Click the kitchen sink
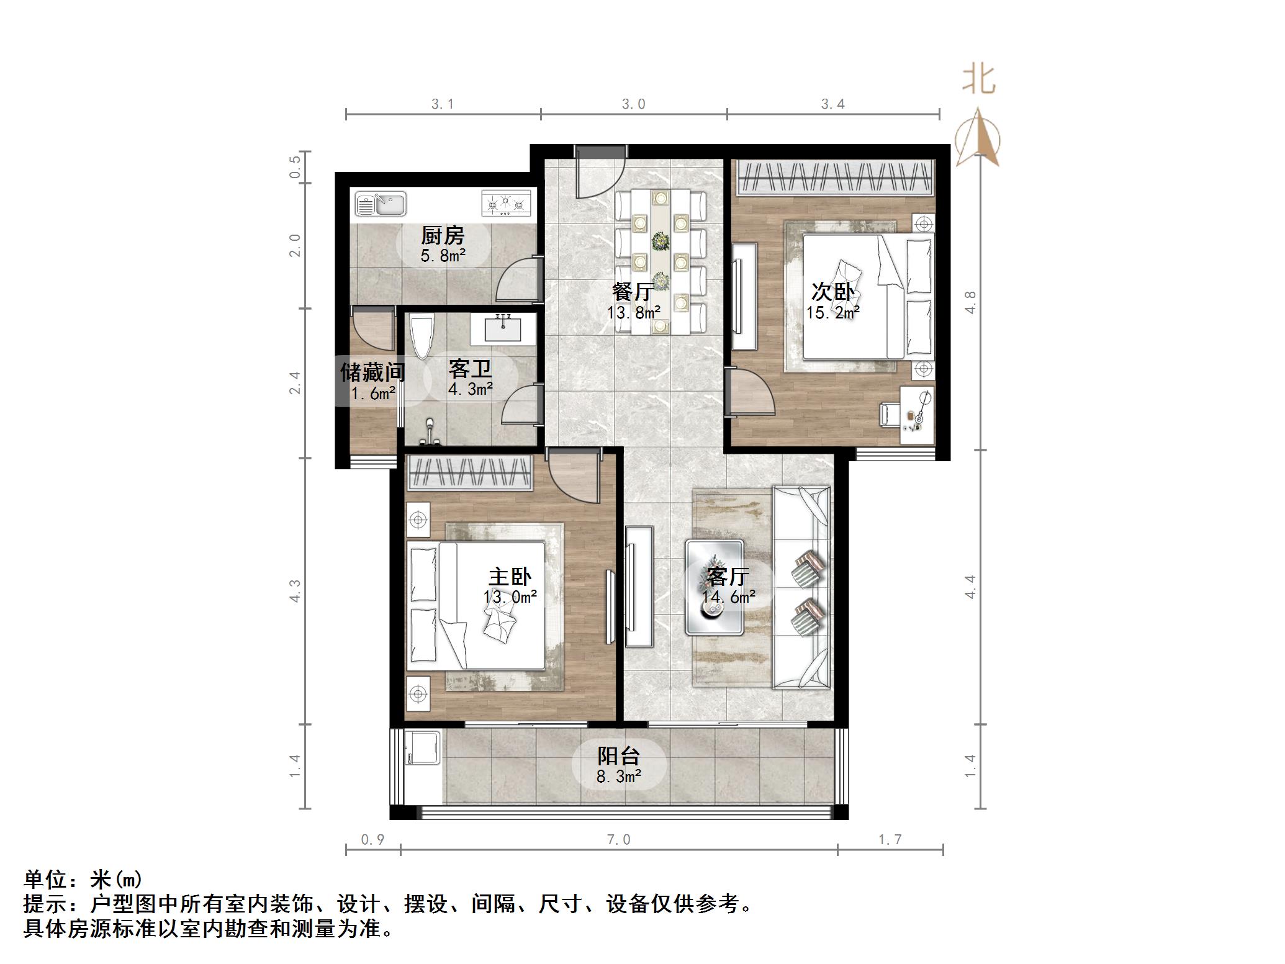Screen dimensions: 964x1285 click(x=380, y=204)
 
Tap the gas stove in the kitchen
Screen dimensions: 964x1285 click(x=507, y=204)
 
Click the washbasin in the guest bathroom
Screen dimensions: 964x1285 click(x=503, y=328)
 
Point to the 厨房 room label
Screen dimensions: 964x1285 click(x=443, y=236)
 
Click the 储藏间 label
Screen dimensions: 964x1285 click(x=372, y=372)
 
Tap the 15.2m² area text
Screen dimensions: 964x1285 click(x=833, y=313)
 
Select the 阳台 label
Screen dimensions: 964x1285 click(x=618, y=756)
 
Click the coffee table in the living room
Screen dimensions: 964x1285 click(x=714, y=587)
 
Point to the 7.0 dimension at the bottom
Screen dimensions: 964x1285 click(x=618, y=840)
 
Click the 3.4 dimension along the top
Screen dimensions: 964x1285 click(x=833, y=104)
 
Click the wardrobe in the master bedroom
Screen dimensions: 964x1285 click(x=470, y=473)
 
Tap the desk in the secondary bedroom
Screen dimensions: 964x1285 click(x=917, y=415)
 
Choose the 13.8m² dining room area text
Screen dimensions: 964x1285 click(x=633, y=313)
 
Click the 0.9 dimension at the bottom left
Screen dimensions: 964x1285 click(x=372, y=840)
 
